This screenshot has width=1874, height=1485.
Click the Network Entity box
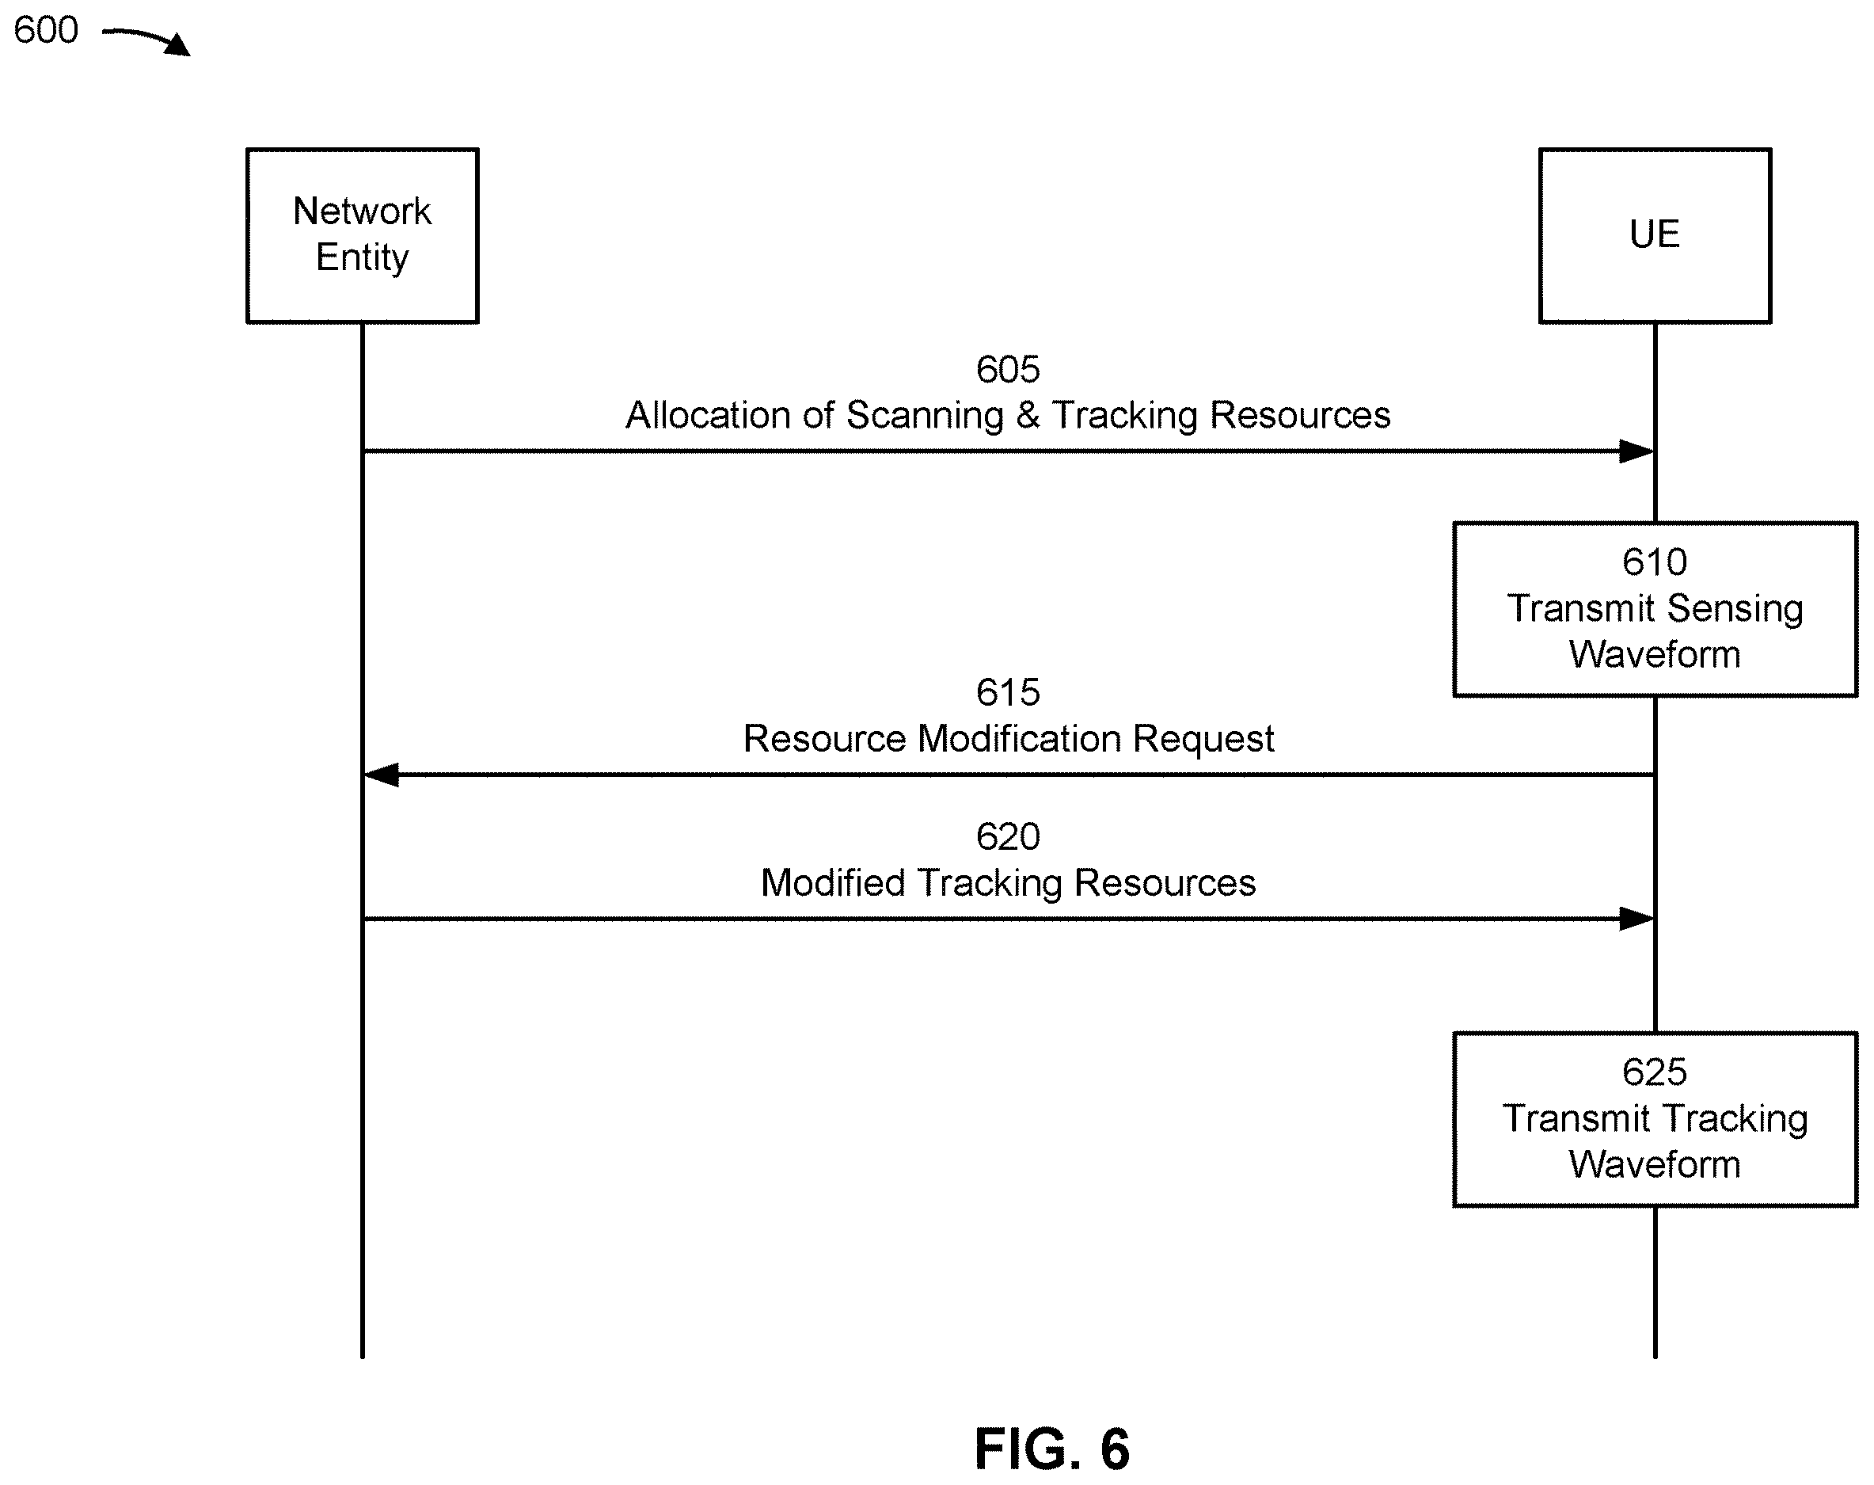(363, 235)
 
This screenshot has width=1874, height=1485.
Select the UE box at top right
(1655, 235)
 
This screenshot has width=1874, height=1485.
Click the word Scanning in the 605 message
(925, 416)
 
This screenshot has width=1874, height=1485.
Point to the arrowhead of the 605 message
(1636, 451)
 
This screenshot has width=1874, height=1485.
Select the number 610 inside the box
(1654, 562)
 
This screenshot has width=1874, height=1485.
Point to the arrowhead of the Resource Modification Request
(381, 775)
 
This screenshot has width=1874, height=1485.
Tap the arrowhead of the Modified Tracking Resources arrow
(1636, 919)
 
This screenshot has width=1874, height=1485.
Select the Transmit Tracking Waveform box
(1655, 1120)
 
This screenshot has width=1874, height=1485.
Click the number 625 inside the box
(1654, 1073)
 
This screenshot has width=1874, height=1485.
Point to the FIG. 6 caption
(1051, 1449)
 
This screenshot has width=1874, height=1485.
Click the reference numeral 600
(46, 30)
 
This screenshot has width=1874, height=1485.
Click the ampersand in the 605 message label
(1028, 416)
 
